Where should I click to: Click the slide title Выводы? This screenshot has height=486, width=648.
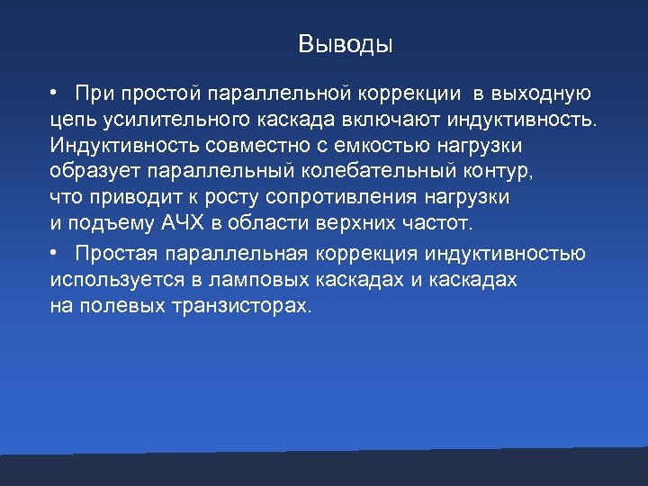click(x=346, y=44)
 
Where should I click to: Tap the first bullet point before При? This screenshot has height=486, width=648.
click(x=55, y=93)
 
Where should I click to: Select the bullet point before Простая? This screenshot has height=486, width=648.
click(x=55, y=254)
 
